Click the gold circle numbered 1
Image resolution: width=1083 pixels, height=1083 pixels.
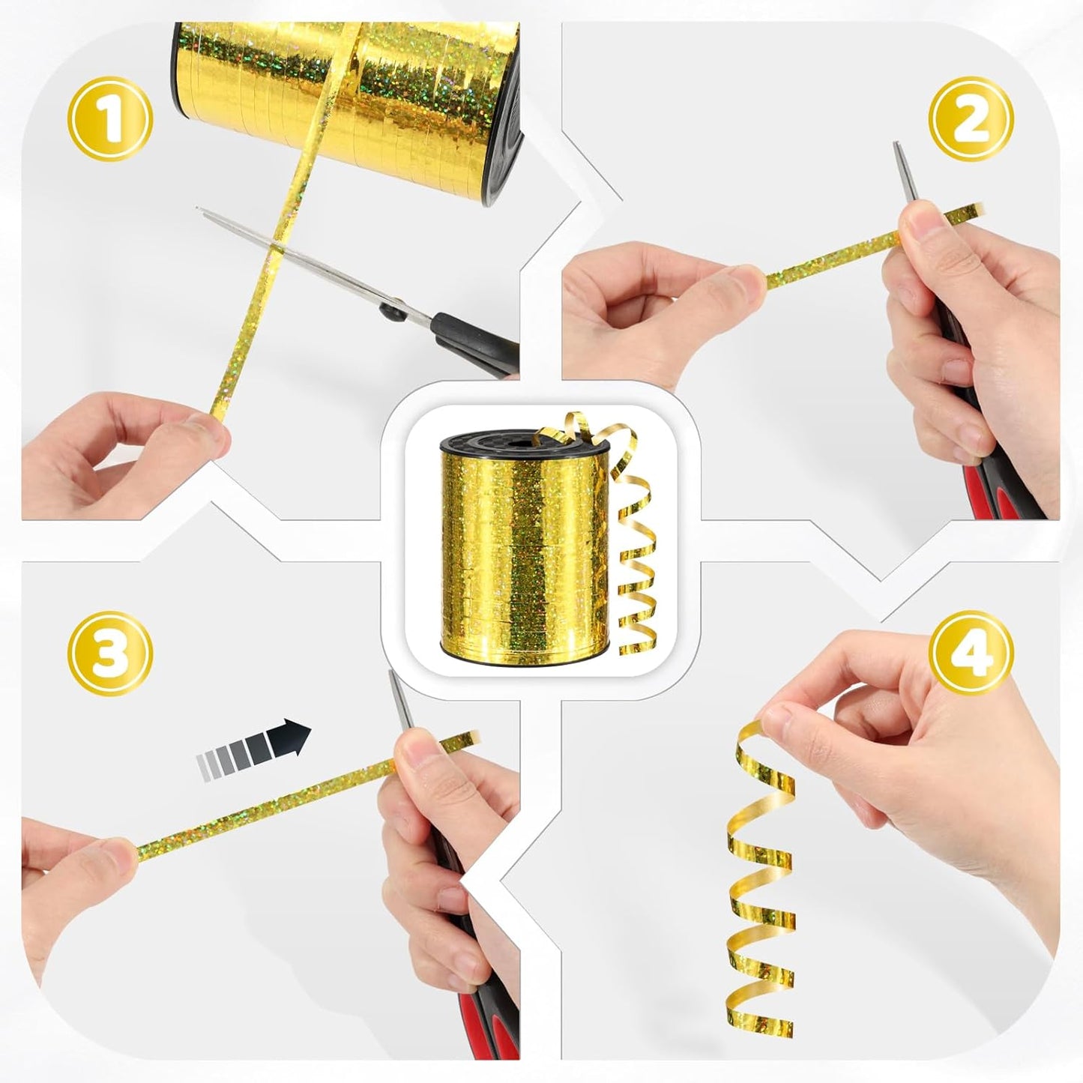[x=110, y=119]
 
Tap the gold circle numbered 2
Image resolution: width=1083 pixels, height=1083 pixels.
[x=971, y=119]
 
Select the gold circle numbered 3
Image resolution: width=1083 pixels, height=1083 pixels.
[x=110, y=653]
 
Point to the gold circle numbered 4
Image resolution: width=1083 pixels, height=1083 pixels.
[x=971, y=653]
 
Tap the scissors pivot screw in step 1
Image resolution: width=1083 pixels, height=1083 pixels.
[x=392, y=309]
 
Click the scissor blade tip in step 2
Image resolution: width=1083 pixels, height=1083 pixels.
[x=896, y=144]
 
